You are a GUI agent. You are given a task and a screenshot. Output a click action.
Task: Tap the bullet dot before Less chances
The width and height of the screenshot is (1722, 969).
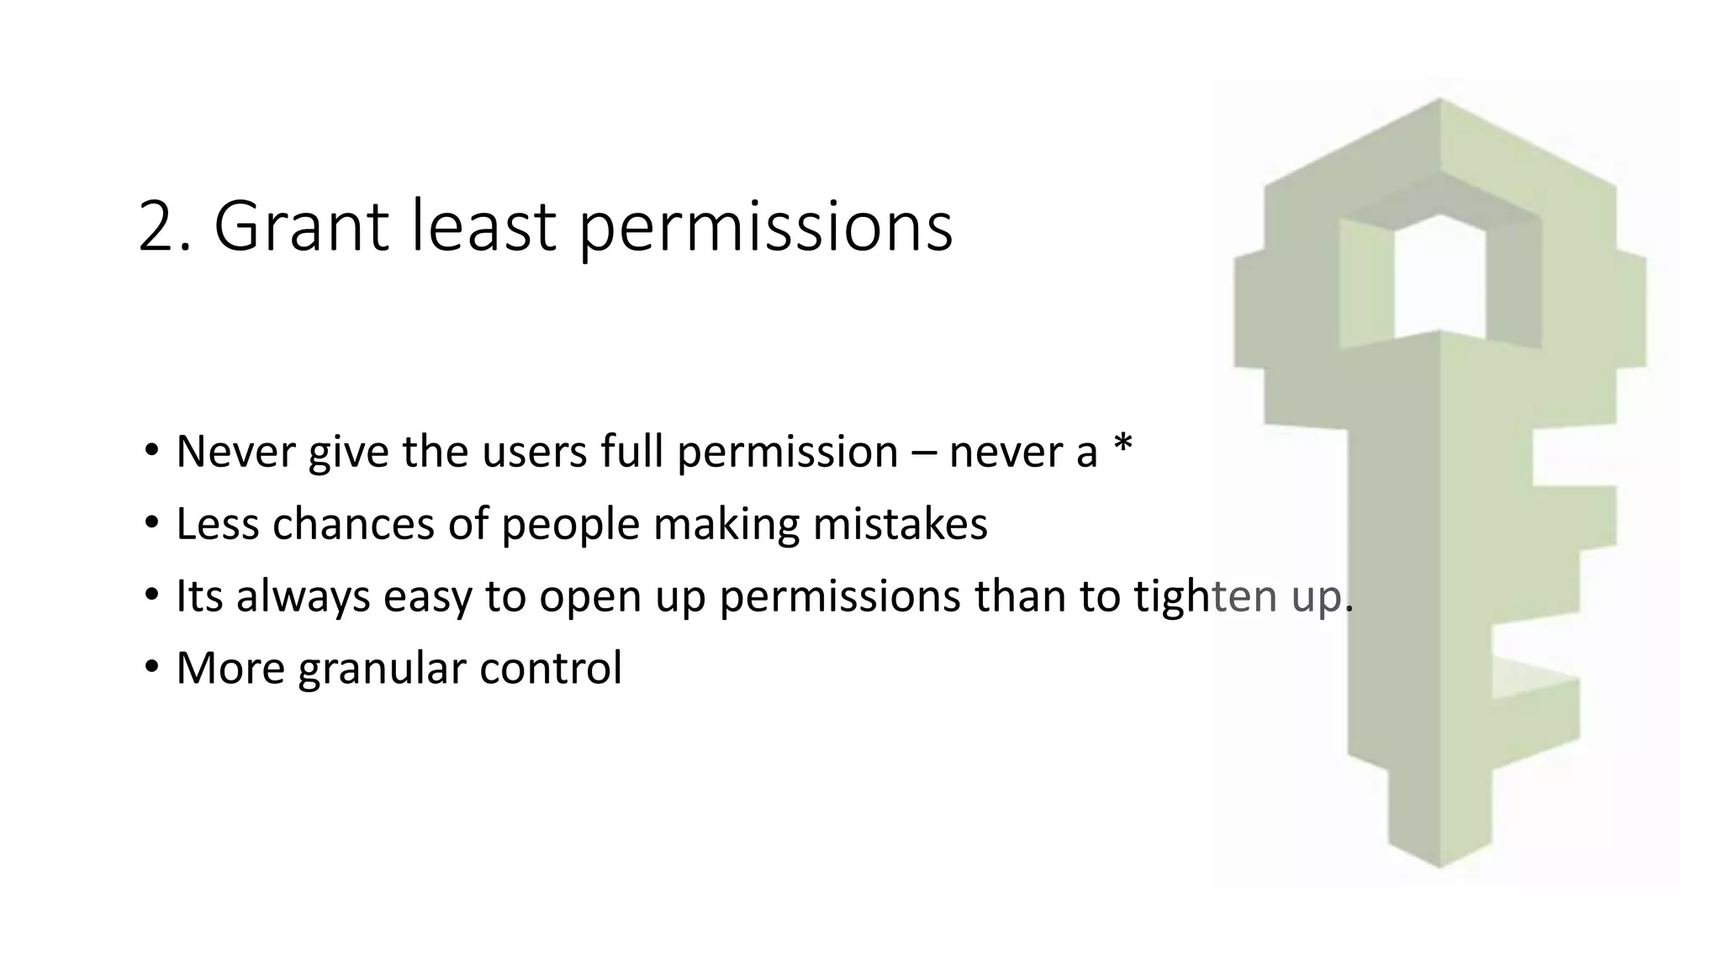point(151,524)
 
